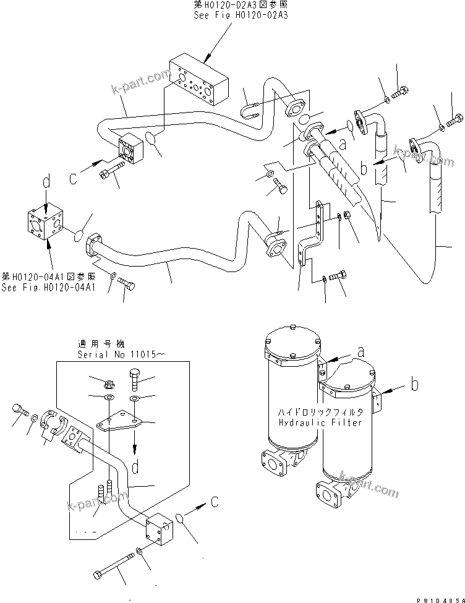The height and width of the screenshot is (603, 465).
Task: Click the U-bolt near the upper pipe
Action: (249, 109)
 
